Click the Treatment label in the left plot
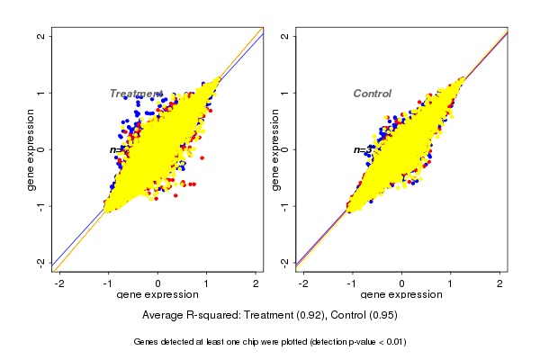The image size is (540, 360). (x=136, y=94)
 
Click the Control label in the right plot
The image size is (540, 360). (x=373, y=94)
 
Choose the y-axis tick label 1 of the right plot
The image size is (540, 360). (x=285, y=93)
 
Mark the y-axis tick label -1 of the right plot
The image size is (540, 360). (x=285, y=206)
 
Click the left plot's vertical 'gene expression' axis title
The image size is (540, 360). (x=31, y=149)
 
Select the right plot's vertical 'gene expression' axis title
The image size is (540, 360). (x=274, y=149)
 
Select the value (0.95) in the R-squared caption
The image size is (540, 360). (x=382, y=316)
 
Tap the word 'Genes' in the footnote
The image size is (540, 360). (x=148, y=342)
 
